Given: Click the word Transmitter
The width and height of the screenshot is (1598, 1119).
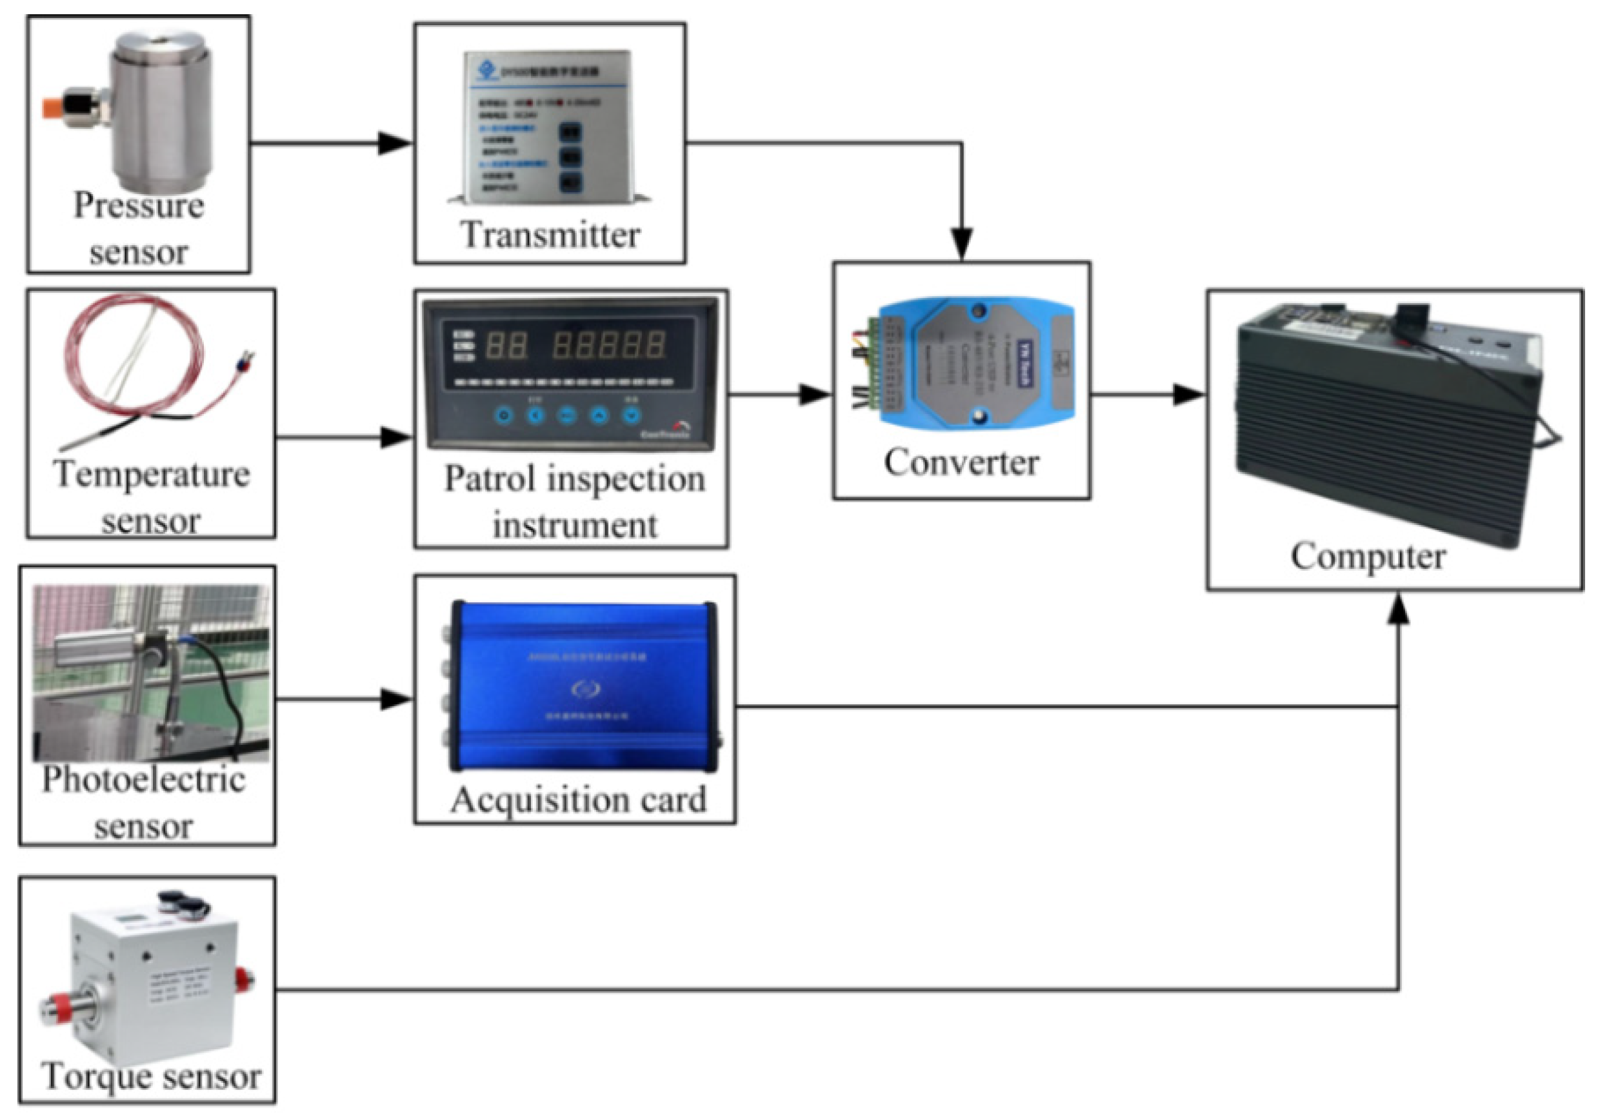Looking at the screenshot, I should pos(550,235).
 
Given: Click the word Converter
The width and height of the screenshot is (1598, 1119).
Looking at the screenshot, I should pos(961,462).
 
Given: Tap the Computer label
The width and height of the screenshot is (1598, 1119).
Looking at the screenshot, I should pos(1368,556).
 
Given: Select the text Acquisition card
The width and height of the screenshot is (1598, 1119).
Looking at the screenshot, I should pos(577,799).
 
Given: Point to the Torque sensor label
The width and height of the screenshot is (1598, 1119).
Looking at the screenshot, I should pos(151,1076).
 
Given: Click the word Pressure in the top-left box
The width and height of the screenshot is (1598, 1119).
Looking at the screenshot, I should pos(139,205).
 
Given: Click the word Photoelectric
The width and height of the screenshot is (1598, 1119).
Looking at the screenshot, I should pos(144,779).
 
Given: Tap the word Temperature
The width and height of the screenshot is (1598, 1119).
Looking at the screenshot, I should pos(151,475).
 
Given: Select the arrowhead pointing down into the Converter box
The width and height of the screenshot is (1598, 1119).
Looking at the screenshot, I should pos(962,244).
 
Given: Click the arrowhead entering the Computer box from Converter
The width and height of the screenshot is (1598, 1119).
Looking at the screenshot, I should pos(1188,395).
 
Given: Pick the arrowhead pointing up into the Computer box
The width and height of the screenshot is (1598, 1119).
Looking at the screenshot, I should pos(1398,610).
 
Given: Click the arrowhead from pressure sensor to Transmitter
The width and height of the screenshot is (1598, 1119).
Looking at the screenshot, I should pos(395,143).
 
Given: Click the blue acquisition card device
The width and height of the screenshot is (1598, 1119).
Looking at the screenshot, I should pos(581,686).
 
